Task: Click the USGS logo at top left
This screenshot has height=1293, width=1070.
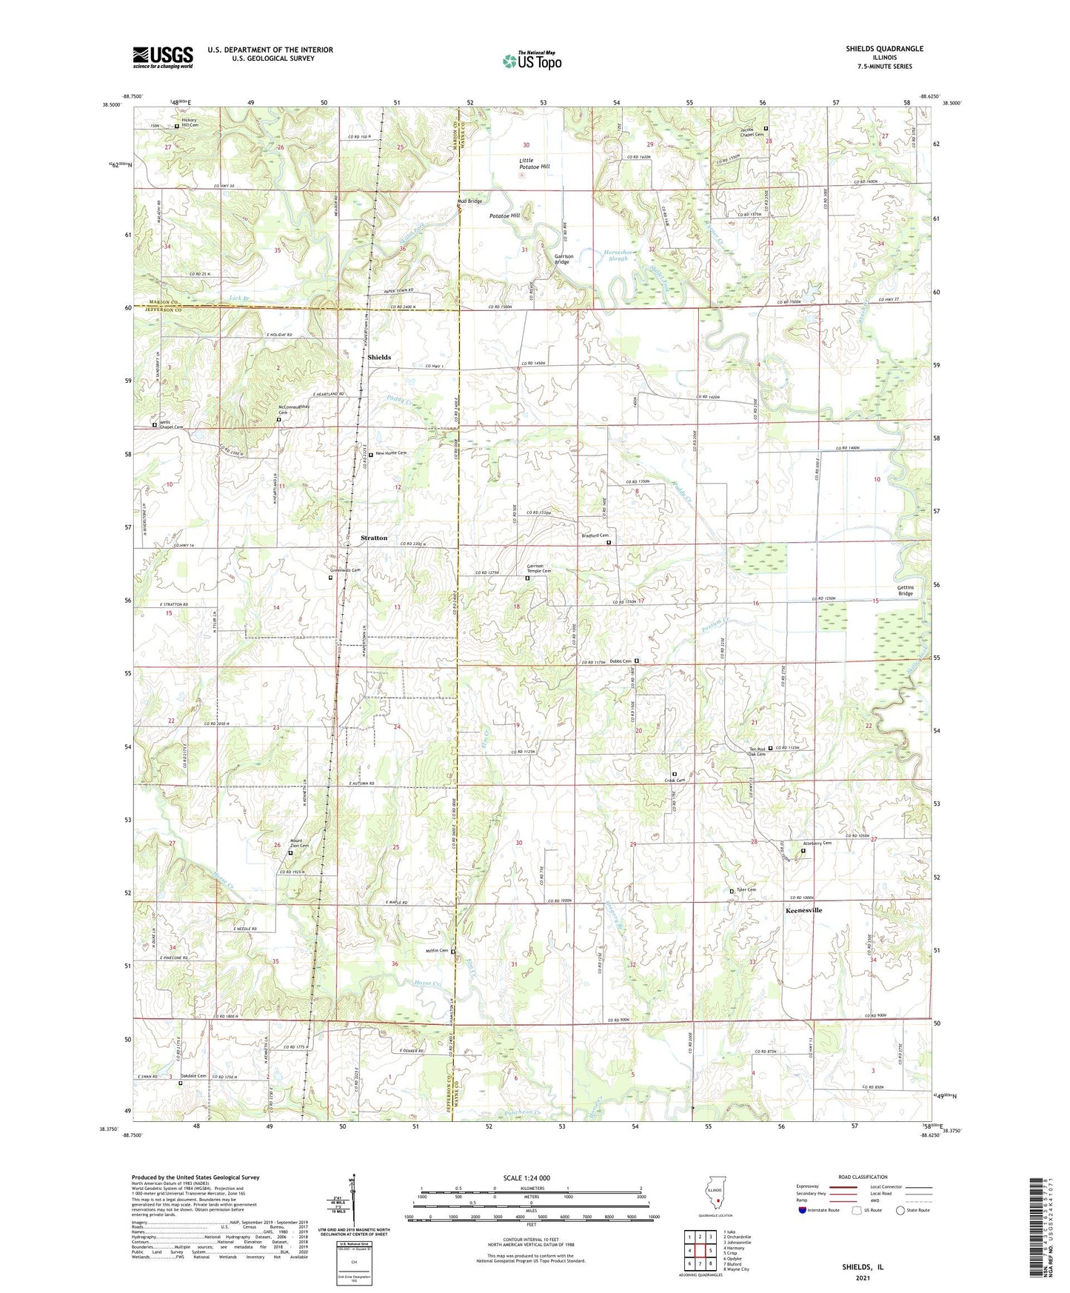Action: pos(163,57)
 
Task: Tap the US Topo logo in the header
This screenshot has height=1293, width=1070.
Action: pos(531,61)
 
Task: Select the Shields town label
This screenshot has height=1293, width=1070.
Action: pos(379,357)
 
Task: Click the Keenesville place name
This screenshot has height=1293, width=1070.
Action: pos(803,910)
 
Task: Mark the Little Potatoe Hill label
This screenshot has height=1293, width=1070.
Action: pos(534,163)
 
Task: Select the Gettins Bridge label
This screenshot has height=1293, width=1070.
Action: pos(906,590)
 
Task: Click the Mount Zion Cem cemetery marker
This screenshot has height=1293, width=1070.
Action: pos(290,853)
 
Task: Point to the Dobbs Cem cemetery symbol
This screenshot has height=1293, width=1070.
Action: pos(636,661)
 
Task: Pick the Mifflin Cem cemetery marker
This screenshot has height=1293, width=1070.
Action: pos(453,952)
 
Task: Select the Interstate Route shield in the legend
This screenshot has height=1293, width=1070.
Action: pos(803,1210)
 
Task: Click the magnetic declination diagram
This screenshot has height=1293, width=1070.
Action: pos(354,1200)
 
